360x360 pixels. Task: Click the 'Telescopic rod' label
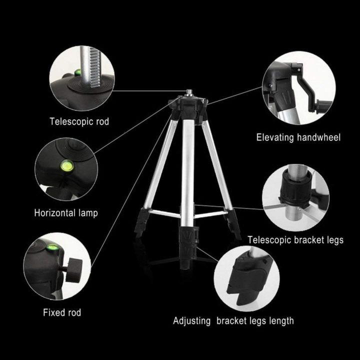click(79, 121)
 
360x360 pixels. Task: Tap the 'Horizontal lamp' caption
click(66, 212)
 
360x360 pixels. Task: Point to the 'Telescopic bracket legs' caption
click(296, 240)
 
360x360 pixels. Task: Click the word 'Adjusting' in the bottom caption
click(192, 320)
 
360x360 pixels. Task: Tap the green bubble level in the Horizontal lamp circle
click(64, 165)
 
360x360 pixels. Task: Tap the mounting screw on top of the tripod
click(190, 91)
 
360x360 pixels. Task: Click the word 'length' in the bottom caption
click(280, 320)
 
